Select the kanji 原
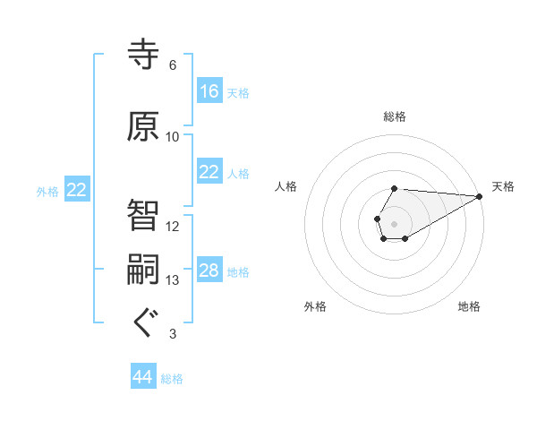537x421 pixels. click(x=143, y=127)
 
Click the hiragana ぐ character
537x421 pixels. click(x=143, y=323)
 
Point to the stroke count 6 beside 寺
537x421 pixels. click(x=172, y=65)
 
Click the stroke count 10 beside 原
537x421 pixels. click(x=172, y=137)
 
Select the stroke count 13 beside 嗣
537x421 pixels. click(x=172, y=280)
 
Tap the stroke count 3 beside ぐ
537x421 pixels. click(x=172, y=334)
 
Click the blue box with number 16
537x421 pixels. click(x=209, y=91)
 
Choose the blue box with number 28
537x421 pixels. click(x=209, y=271)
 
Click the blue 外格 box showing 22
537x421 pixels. click(x=76, y=190)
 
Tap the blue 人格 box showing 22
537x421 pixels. click(x=209, y=172)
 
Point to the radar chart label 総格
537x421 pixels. click(x=395, y=116)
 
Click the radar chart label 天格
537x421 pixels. click(x=503, y=186)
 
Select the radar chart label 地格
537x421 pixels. click(x=469, y=307)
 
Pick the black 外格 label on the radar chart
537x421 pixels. click(x=315, y=307)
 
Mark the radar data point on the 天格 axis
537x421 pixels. click(x=480, y=195)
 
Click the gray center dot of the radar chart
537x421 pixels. click(x=394, y=222)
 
